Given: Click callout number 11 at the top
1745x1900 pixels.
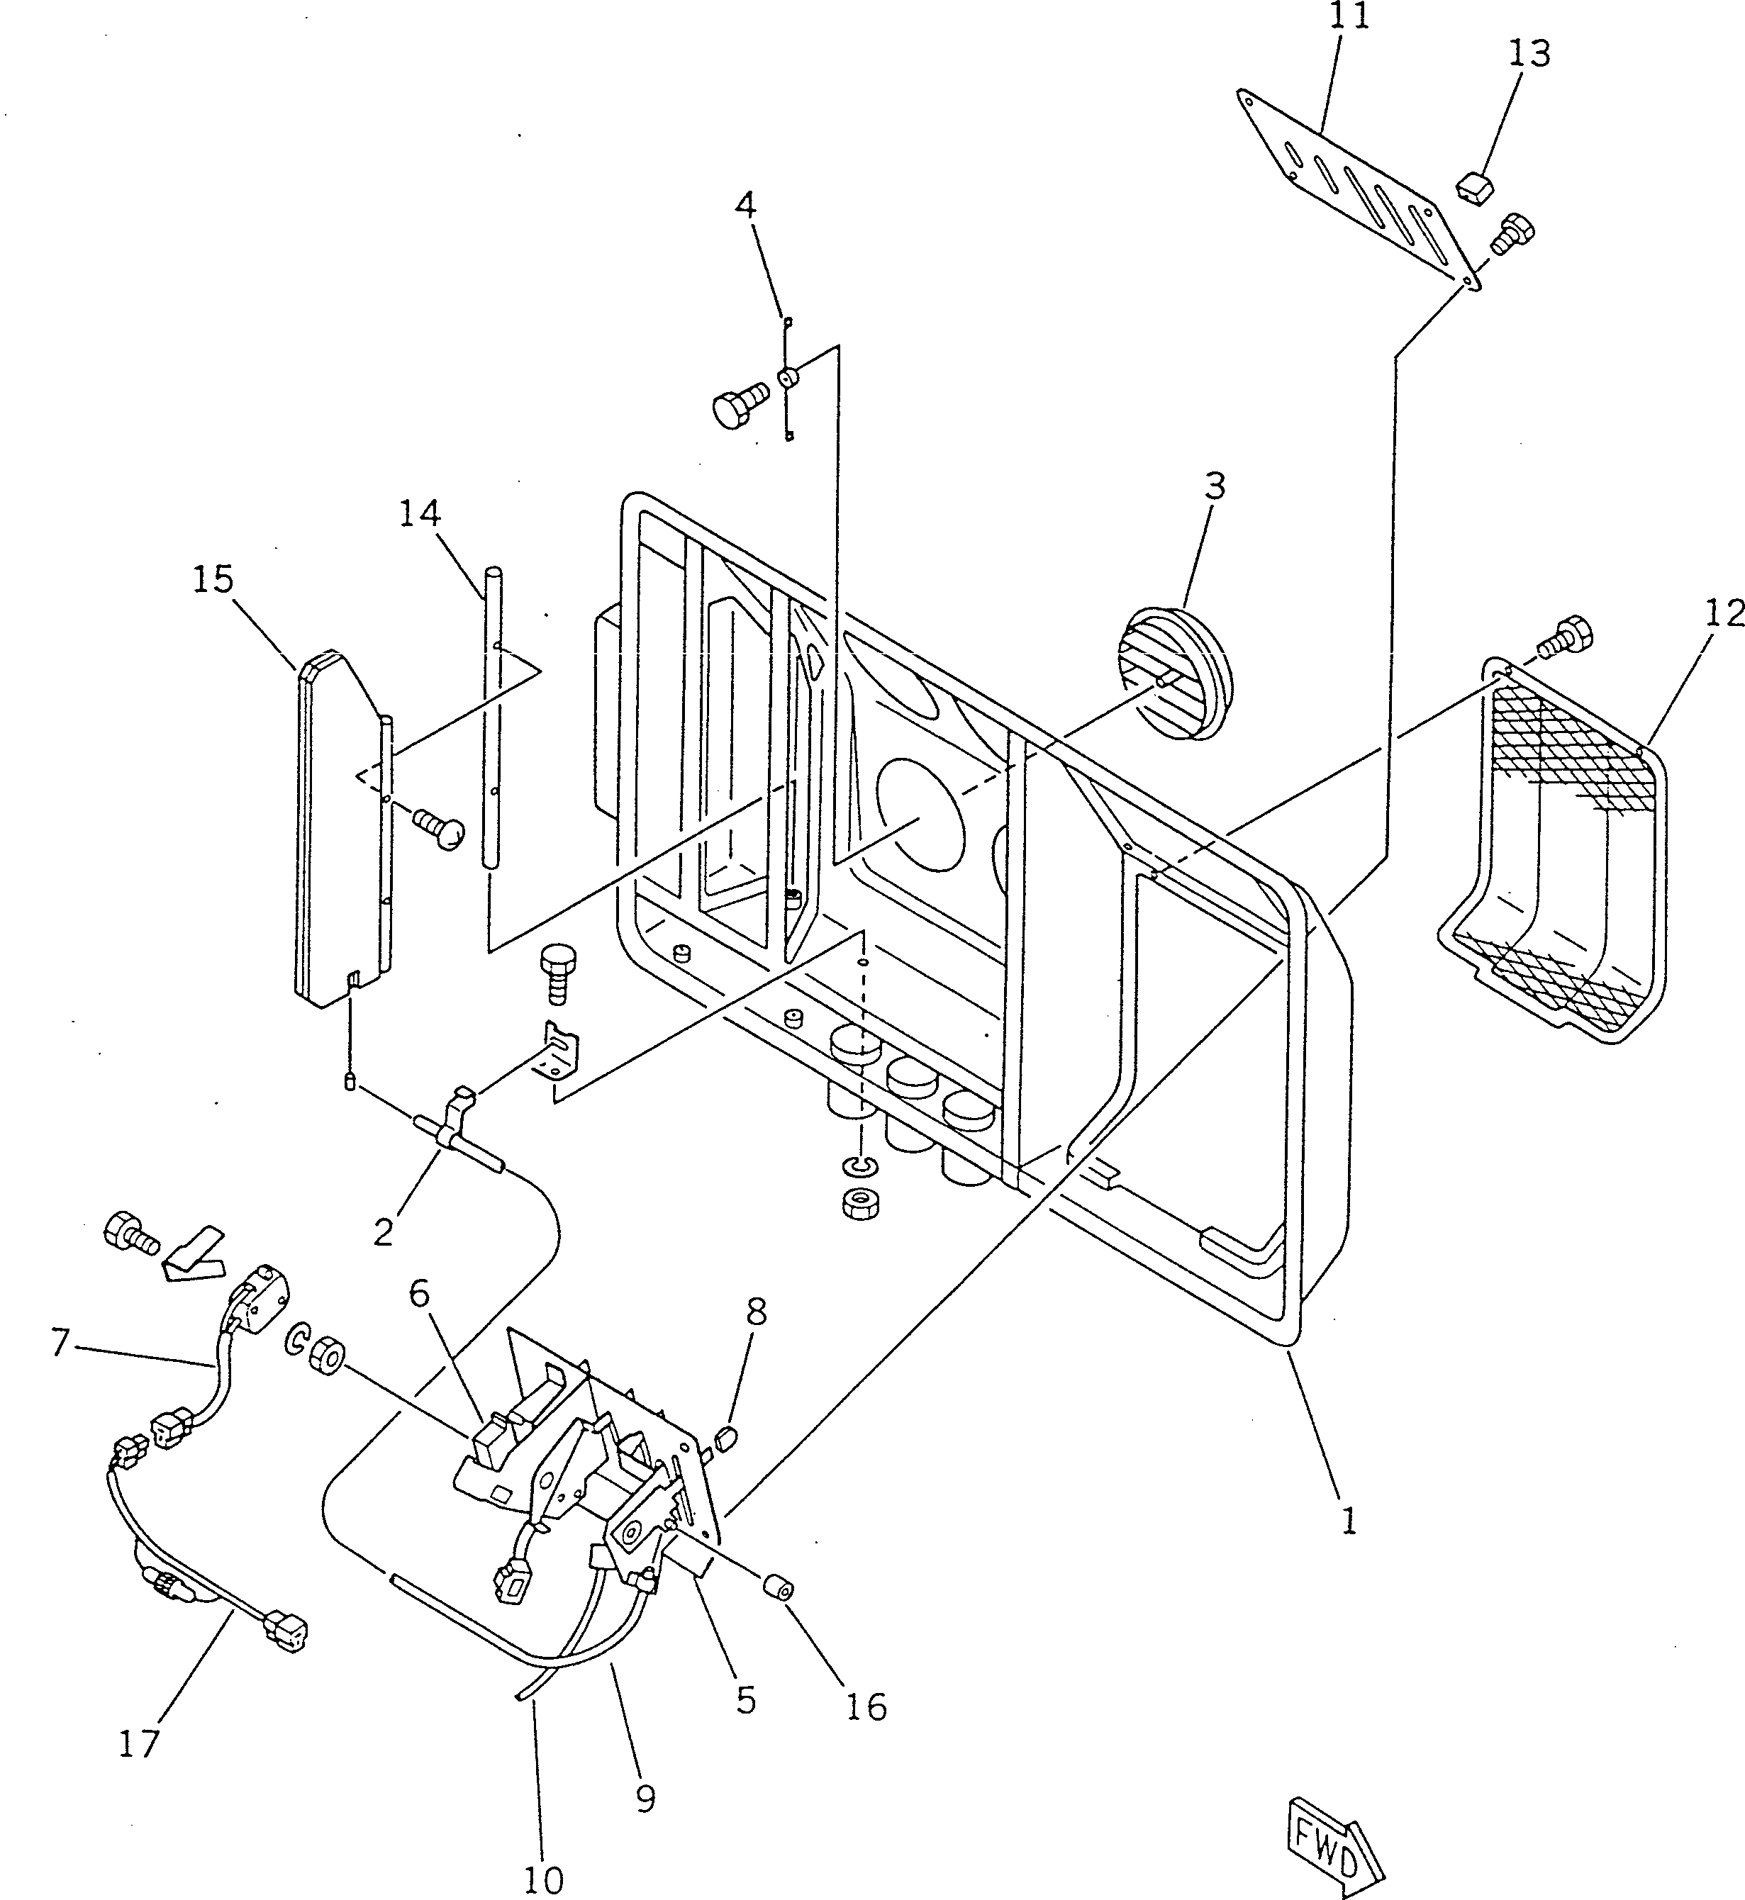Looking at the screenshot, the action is [1349, 16].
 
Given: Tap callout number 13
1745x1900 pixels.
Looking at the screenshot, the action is [1529, 54].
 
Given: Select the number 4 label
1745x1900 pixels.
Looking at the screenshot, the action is [746, 205].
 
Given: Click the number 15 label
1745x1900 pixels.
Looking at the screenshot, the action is [213, 579].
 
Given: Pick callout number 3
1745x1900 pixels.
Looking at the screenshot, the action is [1215, 486].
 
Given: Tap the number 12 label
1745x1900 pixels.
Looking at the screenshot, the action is [1724, 614].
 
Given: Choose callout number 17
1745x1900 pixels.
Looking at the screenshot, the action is [139, 1743].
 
